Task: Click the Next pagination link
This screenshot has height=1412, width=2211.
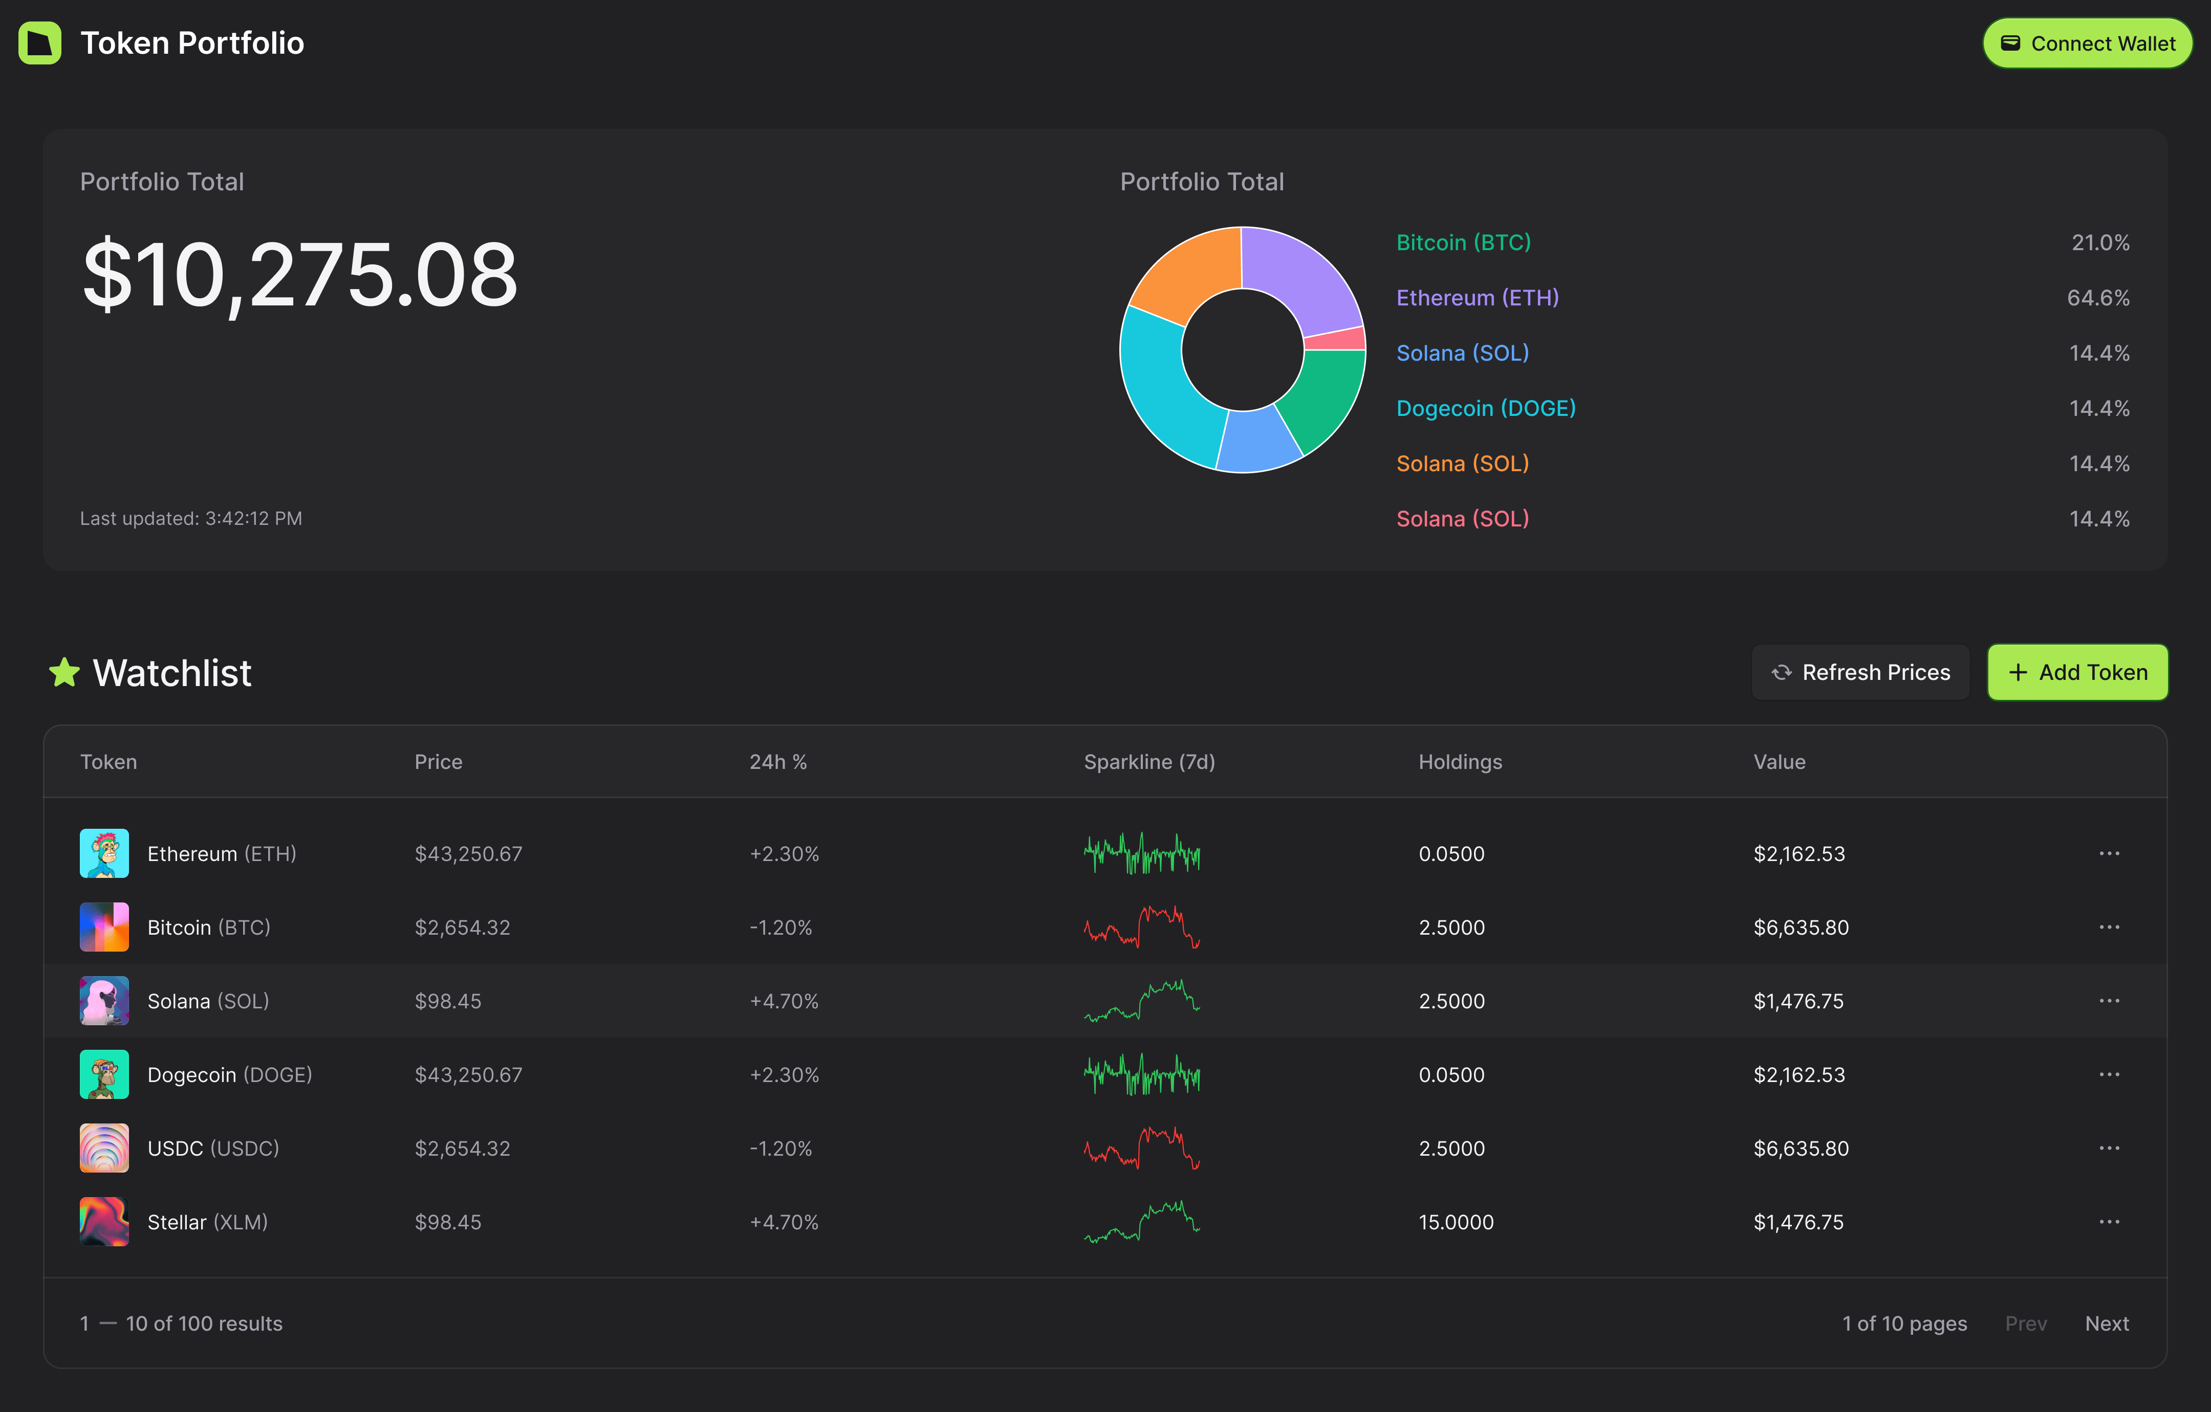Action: click(x=2106, y=1323)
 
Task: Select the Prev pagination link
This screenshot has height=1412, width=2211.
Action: click(x=2026, y=1323)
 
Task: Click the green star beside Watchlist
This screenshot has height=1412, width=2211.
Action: click(x=64, y=672)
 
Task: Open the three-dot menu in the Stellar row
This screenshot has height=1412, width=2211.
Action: click(x=2109, y=1222)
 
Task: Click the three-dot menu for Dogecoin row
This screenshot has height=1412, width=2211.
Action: click(x=2109, y=1074)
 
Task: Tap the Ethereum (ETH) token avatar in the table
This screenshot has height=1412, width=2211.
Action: click(x=104, y=854)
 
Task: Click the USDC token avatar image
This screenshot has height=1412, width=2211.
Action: click(x=104, y=1149)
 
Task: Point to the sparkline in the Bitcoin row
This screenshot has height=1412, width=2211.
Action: click(x=1141, y=927)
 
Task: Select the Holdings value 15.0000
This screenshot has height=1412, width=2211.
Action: click(x=1456, y=1222)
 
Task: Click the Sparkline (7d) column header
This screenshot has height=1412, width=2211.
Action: click(x=1148, y=762)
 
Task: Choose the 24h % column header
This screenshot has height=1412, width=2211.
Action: click(x=778, y=762)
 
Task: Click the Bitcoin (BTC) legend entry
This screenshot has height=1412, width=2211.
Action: click(x=1463, y=242)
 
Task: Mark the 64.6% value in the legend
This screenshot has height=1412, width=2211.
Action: click(x=2097, y=297)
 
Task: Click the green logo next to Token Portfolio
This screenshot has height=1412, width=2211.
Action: click(x=39, y=43)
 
